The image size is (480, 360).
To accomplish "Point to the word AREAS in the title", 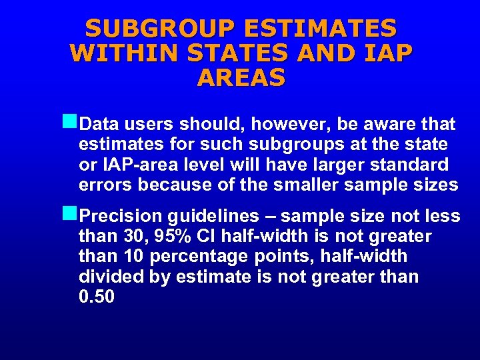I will click(241, 77).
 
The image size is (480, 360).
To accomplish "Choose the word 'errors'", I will click(101, 185).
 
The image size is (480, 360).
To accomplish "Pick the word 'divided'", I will click(105, 277).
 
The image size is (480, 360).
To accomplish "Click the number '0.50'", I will click(97, 297).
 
